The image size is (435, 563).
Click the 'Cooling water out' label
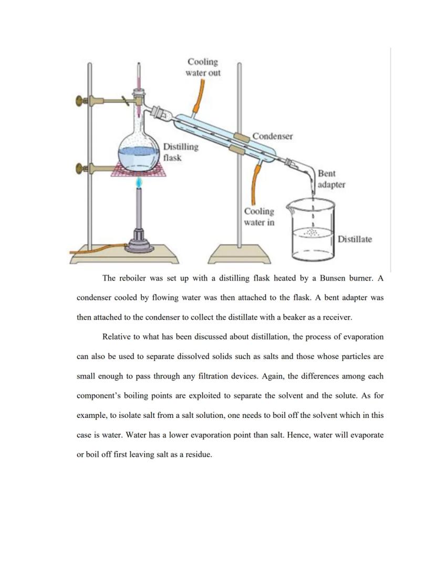pyautogui.click(x=203, y=67)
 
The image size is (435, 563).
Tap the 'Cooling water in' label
pyautogui.click(x=258, y=217)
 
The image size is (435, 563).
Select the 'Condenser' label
pyautogui.click(x=272, y=136)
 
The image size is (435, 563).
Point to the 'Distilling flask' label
pyautogui.click(x=180, y=151)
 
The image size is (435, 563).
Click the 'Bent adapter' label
pyautogui.click(x=331, y=179)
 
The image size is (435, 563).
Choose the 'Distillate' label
pyautogui.click(x=355, y=239)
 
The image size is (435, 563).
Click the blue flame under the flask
pyautogui.click(x=139, y=182)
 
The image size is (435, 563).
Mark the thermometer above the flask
pyautogui.click(x=139, y=79)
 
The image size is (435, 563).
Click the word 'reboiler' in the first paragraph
pyautogui.click(x=133, y=278)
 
